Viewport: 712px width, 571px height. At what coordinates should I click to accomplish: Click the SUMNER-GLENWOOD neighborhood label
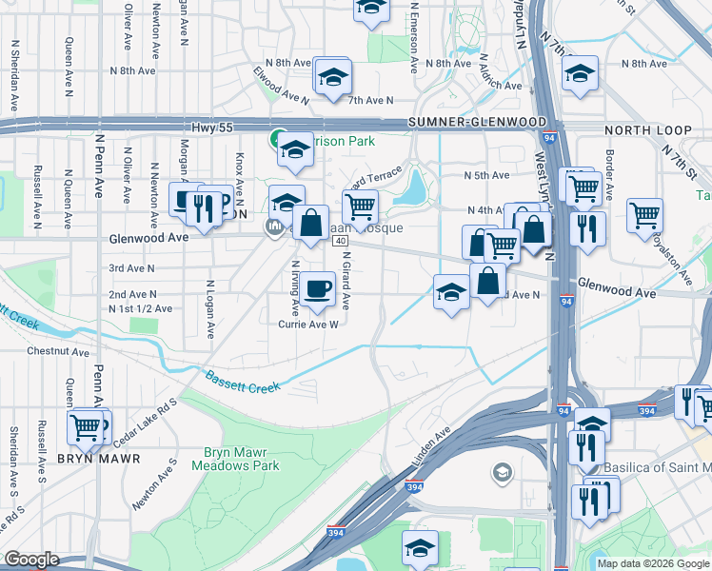[477, 123]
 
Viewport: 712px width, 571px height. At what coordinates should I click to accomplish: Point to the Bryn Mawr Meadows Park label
[236, 460]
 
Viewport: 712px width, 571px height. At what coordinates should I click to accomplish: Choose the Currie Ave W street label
[308, 325]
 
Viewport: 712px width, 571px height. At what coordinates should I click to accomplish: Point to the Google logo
[31, 560]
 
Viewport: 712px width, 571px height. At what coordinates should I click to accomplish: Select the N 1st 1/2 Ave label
[140, 309]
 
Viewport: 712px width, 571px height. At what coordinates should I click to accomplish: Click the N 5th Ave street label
[486, 175]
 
